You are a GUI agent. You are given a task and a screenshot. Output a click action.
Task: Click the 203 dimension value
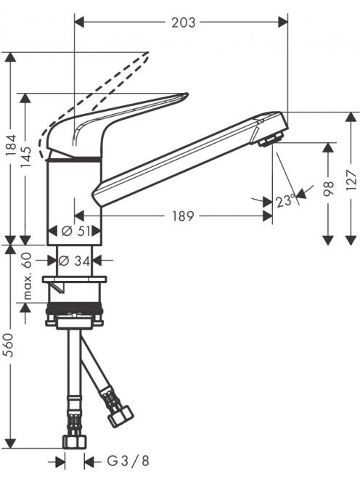click(183, 23)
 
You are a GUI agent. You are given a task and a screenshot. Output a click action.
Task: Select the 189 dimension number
click(183, 216)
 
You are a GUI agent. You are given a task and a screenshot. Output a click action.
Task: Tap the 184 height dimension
click(11, 147)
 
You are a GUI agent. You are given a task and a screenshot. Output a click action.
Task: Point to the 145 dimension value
click(26, 157)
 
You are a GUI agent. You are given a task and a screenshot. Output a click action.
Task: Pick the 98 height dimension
click(328, 189)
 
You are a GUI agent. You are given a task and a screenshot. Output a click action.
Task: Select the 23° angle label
click(285, 201)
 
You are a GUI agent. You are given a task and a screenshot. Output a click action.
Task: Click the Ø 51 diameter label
click(75, 231)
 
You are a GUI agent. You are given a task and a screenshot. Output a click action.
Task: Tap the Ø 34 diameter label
click(75, 261)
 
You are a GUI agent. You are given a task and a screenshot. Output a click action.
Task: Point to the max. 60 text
click(28, 276)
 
